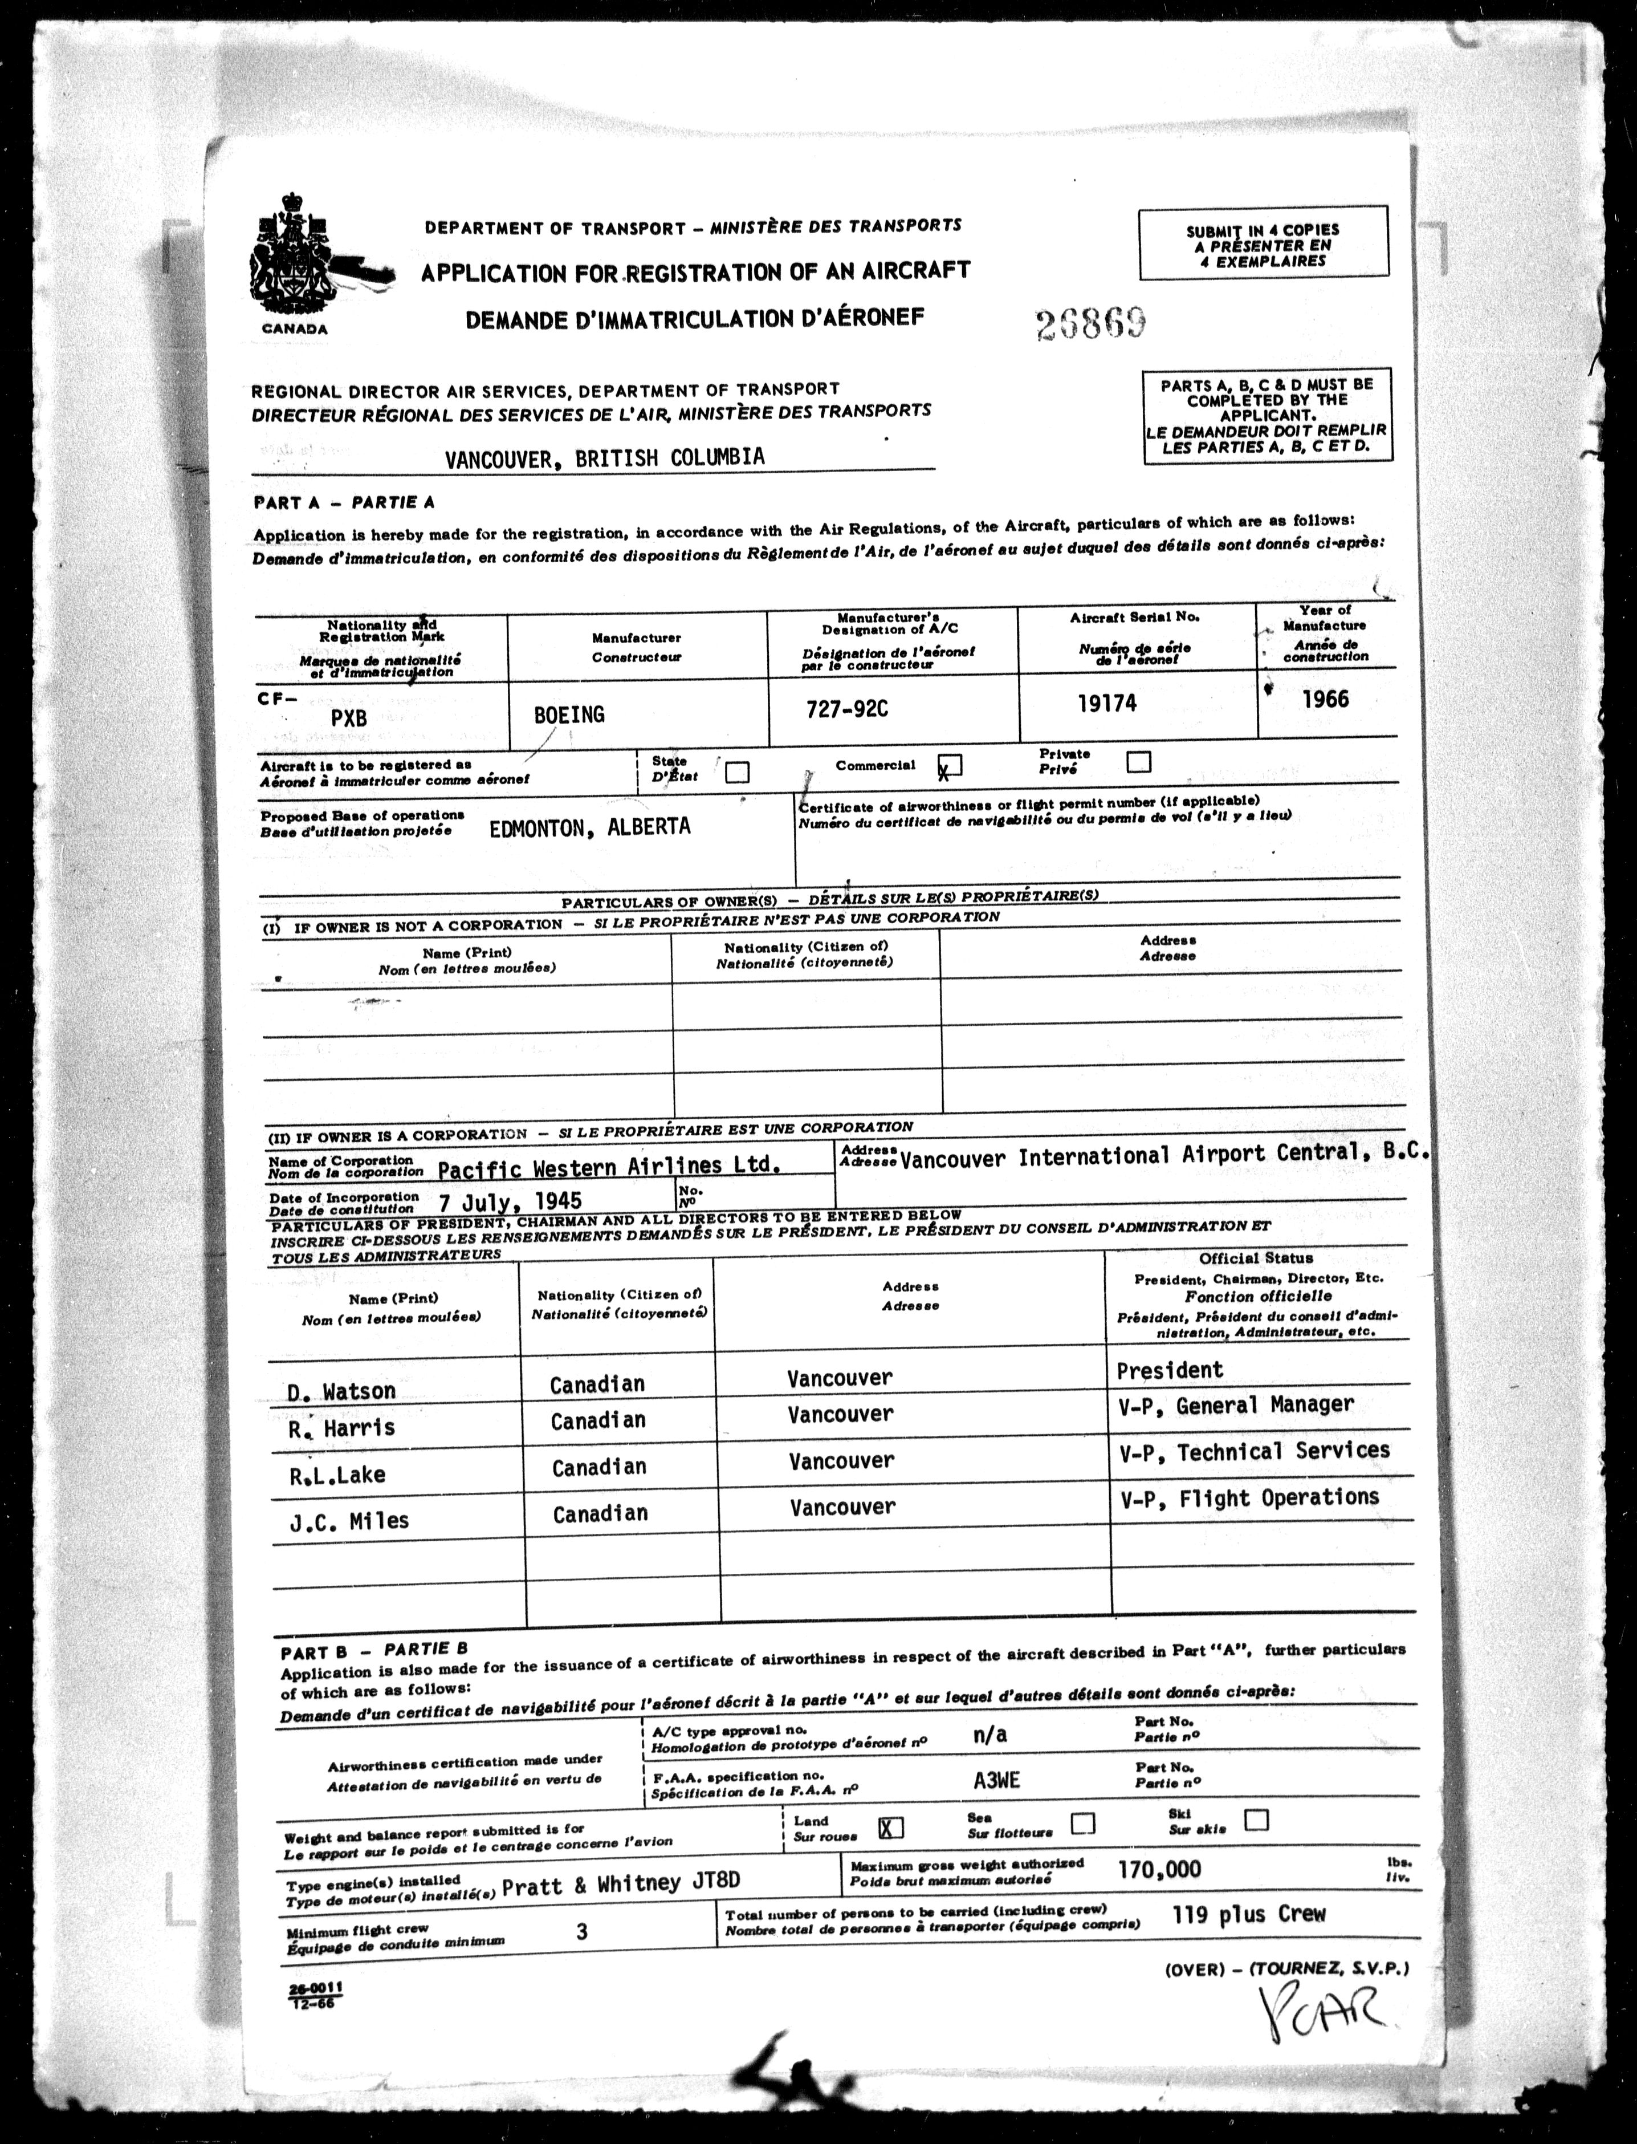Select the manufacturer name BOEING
[569, 714]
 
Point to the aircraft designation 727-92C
[847, 709]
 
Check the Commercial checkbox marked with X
[950, 765]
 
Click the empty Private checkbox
[1138, 761]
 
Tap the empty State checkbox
[738, 772]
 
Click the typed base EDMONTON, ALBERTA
[589, 827]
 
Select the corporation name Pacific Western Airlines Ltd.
[609, 1167]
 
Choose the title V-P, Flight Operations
[1249, 1498]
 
